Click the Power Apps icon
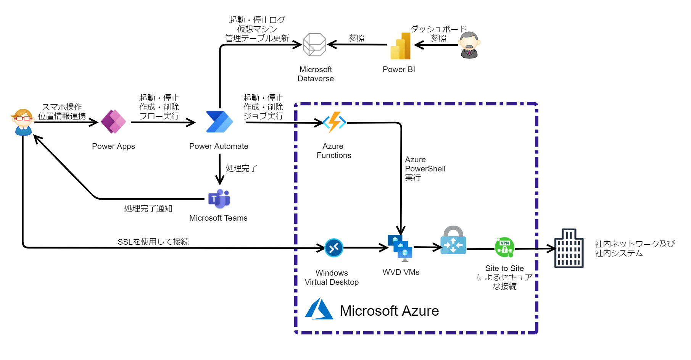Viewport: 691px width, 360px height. click(x=113, y=122)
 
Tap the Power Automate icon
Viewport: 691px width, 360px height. click(x=219, y=122)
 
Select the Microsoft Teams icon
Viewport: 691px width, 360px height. click(x=219, y=199)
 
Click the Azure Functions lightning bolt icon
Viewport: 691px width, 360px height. click(x=334, y=122)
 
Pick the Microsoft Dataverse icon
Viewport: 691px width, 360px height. click(x=314, y=45)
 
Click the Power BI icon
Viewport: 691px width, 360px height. click(x=400, y=46)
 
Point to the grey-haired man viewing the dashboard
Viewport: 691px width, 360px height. click(x=469, y=45)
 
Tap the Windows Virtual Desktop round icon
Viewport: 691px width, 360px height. click(x=334, y=248)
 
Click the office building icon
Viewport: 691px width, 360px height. click(x=569, y=249)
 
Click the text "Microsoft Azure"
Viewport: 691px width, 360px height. click(x=389, y=311)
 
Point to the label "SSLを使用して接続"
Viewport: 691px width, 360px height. click(x=153, y=242)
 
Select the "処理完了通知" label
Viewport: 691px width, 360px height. click(x=148, y=208)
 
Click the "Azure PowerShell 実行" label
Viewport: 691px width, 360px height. click(x=425, y=168)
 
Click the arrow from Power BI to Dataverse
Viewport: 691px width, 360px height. click(x=357, y=45)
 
